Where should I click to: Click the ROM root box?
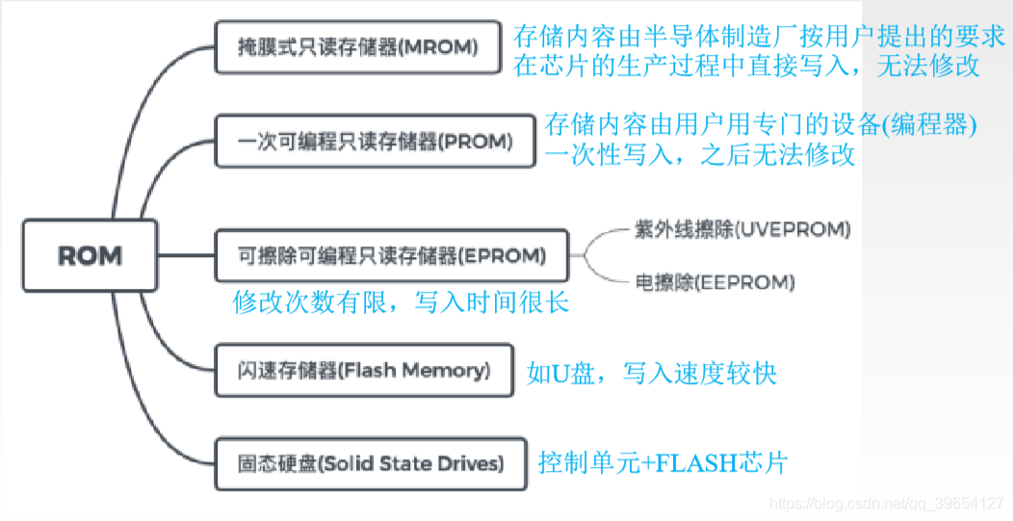[x=89, y=255]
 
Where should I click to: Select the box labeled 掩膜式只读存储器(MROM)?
[x=357, y=46]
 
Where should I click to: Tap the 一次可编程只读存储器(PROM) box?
[x=374, y=142]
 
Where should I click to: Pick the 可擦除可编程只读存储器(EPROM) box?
[x=391, y=256]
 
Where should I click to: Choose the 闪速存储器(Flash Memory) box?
[x=364, y=371]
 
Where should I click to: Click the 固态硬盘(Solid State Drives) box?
[x=370, y=463]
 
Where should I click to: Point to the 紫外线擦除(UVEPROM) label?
[x=741, y=228]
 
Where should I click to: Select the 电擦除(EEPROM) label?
[x=714, y=282]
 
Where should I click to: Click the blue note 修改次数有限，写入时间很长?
[x=401, y=303]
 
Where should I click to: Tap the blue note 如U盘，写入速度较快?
[x=652, y=373]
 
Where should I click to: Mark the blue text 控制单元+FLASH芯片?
[x=662, y=463]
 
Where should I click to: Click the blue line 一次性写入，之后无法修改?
[x=700, y=155]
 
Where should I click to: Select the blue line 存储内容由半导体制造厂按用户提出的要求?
[x=760, y=38]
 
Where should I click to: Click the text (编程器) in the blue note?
[x=930, y=125]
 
